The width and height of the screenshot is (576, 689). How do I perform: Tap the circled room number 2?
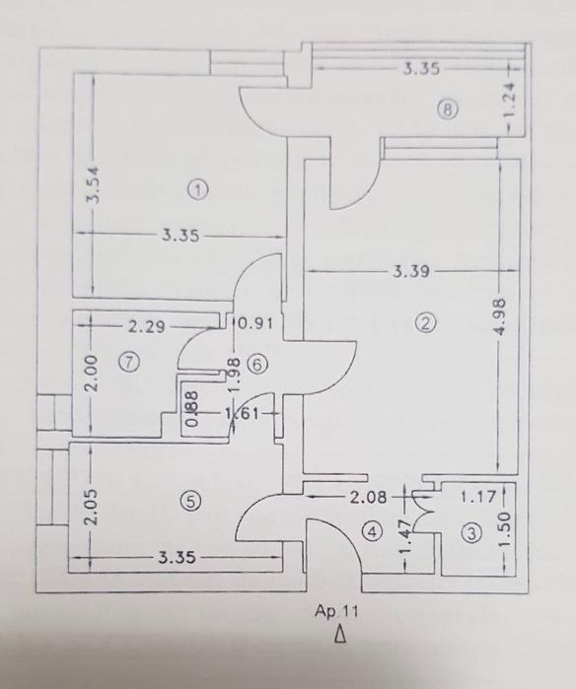tap(426, 322)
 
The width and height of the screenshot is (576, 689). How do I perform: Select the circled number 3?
tap(471, 534)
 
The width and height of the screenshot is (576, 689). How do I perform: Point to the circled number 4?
tap(371, 531)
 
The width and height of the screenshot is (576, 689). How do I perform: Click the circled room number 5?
tap(191, 502)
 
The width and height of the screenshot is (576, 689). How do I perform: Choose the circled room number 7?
tap(127, 362)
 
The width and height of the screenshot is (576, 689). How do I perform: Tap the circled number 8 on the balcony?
tap(448, 110)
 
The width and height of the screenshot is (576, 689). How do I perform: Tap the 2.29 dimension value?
tap(145, 321)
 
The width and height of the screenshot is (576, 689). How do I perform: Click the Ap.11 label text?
tap(331, 611)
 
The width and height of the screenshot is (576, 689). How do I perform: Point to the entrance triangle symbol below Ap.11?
tap(338, 636)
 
